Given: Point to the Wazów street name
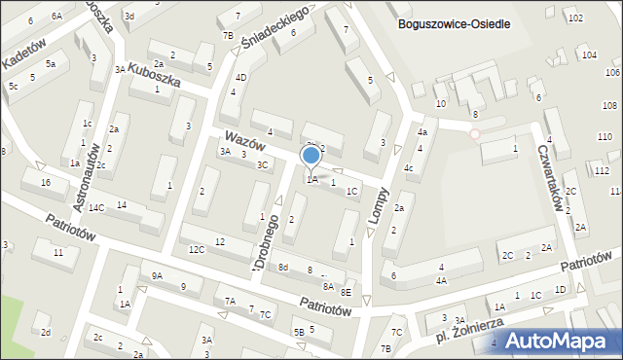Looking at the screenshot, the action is coord(244,143).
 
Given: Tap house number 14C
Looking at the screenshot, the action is coord(96,208).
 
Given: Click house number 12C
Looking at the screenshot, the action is coord(197,249).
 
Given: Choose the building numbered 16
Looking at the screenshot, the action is coord(46,183).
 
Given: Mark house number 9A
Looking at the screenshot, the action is coord(156,276).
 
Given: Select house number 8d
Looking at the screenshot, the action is coord(283,267).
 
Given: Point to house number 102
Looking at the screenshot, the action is coord(575,18).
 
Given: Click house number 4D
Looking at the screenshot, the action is coord(240,77).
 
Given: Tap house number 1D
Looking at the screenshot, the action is coord(560,290).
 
